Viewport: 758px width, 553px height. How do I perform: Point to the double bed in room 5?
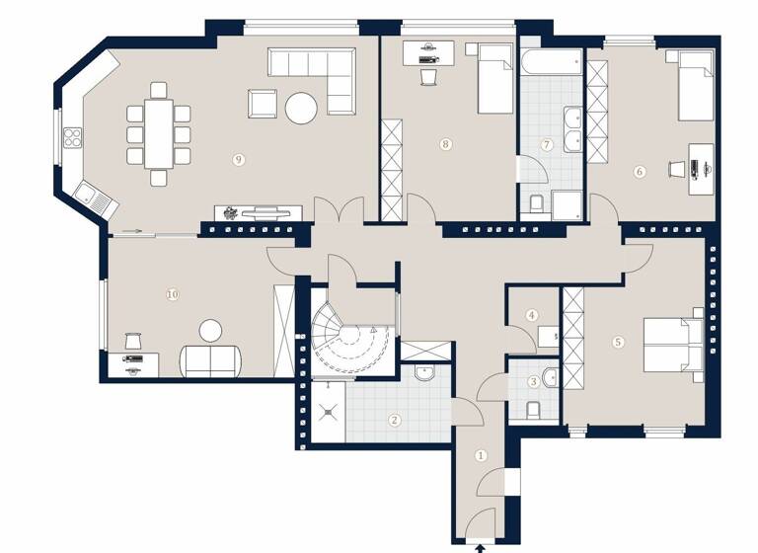(x=672, y=343)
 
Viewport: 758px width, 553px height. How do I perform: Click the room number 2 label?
(x=395, y=420)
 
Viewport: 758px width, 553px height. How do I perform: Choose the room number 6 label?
(x=640, y=172)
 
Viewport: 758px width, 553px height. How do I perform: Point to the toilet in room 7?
(x=536, y=204)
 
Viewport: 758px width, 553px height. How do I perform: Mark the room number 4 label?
(x=532, y=316)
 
